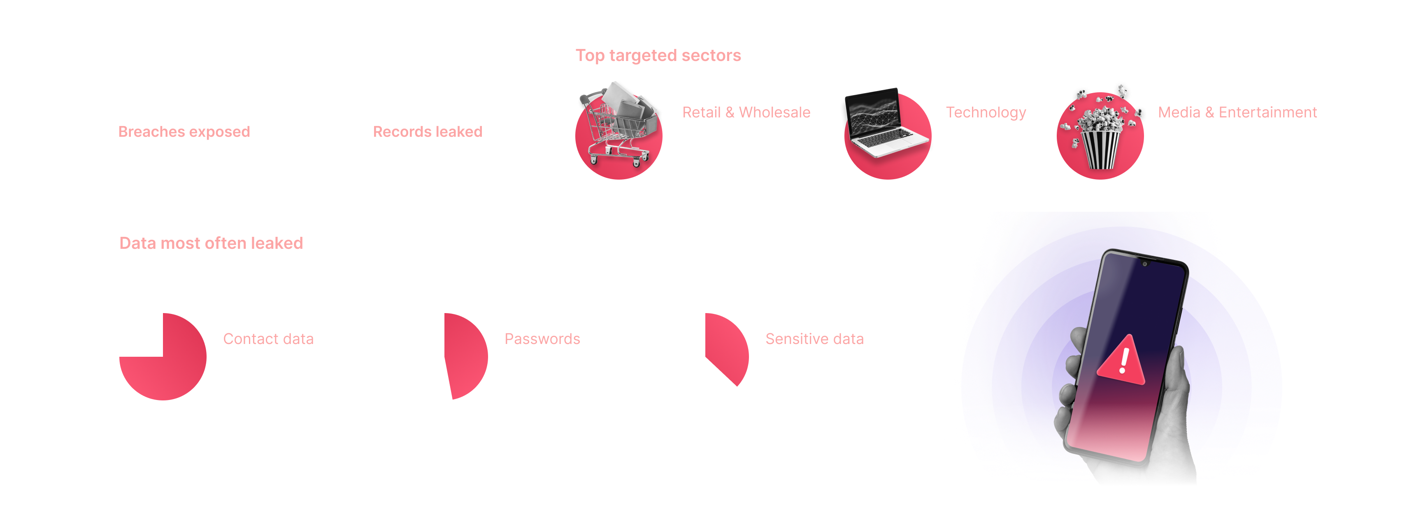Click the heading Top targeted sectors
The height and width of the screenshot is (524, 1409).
click(658, 55)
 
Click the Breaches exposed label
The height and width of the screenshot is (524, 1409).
click(184, 131)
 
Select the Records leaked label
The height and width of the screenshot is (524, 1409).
click(427, 131)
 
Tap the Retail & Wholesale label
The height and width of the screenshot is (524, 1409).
click(746, 112)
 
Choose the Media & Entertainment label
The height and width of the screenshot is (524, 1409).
click(1237, 112)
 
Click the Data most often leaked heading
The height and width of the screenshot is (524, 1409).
click(211, 243)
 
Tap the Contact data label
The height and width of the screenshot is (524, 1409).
click(268, 339)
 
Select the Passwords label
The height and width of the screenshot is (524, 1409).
click(542, 339)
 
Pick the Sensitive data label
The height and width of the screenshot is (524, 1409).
click(814, 339)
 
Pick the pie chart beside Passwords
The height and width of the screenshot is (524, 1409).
click(465, 356)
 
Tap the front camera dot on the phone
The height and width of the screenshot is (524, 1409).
click(1144, 264)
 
